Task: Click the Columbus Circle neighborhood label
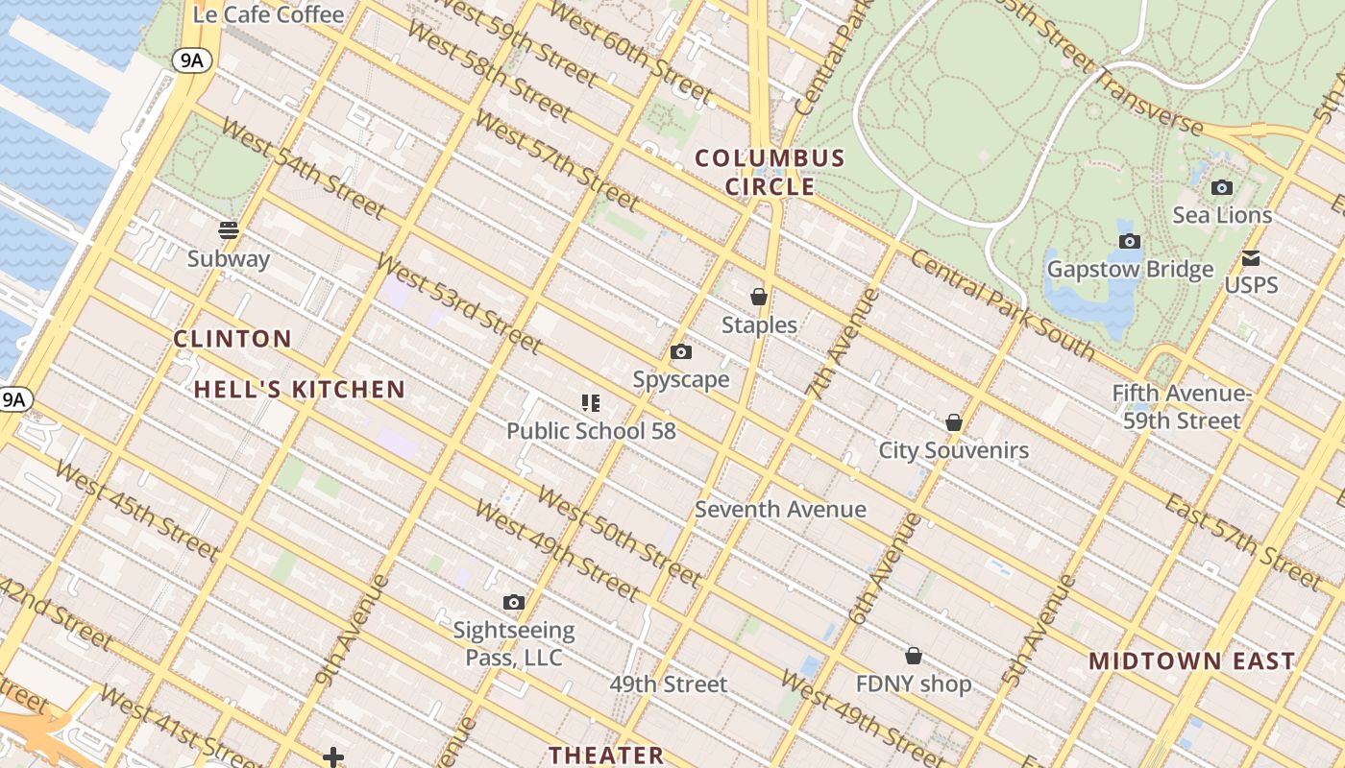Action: (x=770, y=172)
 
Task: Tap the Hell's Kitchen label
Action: (x=300, y=389)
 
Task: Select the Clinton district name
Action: (x=232, y=338)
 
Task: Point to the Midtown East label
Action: (x=1192, y=660)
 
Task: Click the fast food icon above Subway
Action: (x=229, y=230)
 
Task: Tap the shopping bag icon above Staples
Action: (x=759, y=297)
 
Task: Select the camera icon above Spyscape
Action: (x=680, y=352)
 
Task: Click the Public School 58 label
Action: (x=591, y=431)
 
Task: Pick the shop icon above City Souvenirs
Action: (x=954, y=422)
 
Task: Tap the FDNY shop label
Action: (x=914, y=684)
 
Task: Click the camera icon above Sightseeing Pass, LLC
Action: (x=514, y=603)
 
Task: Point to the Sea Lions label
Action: (x=1222, y=215)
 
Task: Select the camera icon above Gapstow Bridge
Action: (x=1130, y=241)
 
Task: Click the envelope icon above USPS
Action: (x=1251, y=258)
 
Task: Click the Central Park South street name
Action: (x=1002, y=304)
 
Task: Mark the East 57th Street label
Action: (x=1243, y=541)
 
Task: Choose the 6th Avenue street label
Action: (x=883, y=568)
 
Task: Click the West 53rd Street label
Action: (x=458, y=303)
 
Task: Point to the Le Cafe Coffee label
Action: (x=268, y=14)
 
